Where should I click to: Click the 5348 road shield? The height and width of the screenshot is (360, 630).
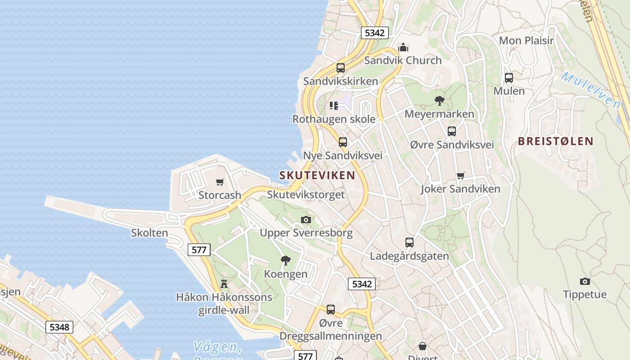[59, 327]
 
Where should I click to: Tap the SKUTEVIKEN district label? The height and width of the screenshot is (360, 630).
[317, 175]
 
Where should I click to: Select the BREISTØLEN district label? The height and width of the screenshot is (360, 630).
[556, 141]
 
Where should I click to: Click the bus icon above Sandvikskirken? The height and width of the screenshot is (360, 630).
[341, 68]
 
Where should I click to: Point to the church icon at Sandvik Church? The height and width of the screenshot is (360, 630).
[403, 47]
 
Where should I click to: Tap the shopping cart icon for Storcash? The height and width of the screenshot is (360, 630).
[220, 182]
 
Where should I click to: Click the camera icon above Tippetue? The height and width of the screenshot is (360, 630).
[585, 281]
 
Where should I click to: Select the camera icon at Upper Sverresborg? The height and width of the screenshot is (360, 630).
[306, 220]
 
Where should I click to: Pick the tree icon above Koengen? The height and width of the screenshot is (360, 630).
[285, 260]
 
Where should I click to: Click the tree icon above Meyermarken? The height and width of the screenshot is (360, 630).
[439, 101]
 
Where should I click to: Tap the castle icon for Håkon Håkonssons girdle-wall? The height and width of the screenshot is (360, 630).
[224, 283]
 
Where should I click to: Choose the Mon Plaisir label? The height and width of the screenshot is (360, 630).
[526, 40]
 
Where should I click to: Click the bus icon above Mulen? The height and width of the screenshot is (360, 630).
[509, 77]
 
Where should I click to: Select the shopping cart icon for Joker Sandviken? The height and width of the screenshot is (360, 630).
[460, 175]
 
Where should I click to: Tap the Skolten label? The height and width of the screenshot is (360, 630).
[149, 233]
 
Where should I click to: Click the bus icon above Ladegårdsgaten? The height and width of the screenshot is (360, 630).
[409, 243]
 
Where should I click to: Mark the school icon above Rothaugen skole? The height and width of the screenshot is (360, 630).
[333, 106]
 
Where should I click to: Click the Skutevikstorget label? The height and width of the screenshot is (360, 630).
[306, 195]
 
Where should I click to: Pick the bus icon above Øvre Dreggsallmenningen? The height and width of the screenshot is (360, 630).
[331, 310]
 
